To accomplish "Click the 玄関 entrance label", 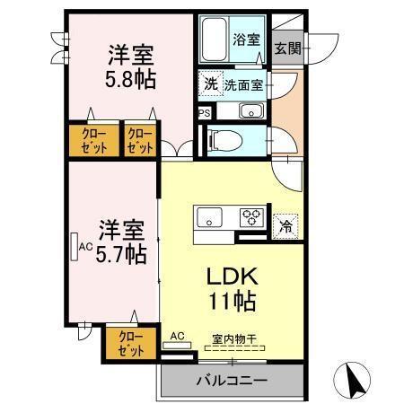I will [288, 48].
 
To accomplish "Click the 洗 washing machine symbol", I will [210, 83].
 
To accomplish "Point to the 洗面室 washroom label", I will [243, 85].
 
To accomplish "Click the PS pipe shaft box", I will [204, 113].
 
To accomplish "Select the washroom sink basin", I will [250, 111].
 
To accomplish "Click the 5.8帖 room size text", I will [130, 80].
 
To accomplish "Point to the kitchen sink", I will [211, 216].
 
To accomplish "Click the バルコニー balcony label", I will [232, 380].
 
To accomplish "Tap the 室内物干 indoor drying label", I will [234, 339].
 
